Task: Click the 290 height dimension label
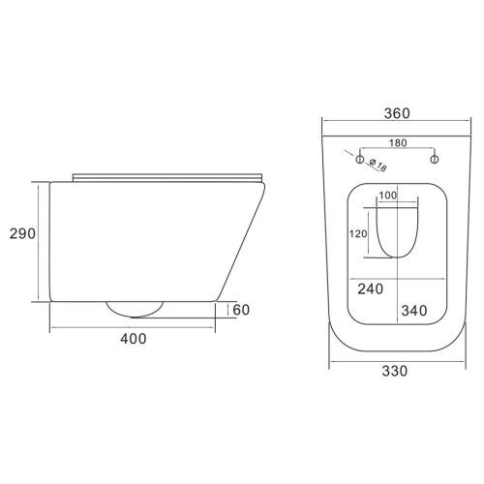pyautogui.click(x=22, y=233)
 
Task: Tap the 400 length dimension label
pyautogui.click(x=134, y=339)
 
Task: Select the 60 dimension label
pyautogui.click(x=241, y=310)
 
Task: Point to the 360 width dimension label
pyautogui.click(x=397, y=113)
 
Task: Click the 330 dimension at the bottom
pyautogui.click(x=395, y=371)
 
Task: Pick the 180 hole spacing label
pyautogui.click(x=398, y=142)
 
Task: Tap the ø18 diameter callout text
pyautogui.click(x=378, y=165)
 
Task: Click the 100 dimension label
pyautogui.click(x=388, y=196)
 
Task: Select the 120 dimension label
pyautogui.click(x=358, y=233)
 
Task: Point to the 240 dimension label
pyautogui.click(x=371, y=288)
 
